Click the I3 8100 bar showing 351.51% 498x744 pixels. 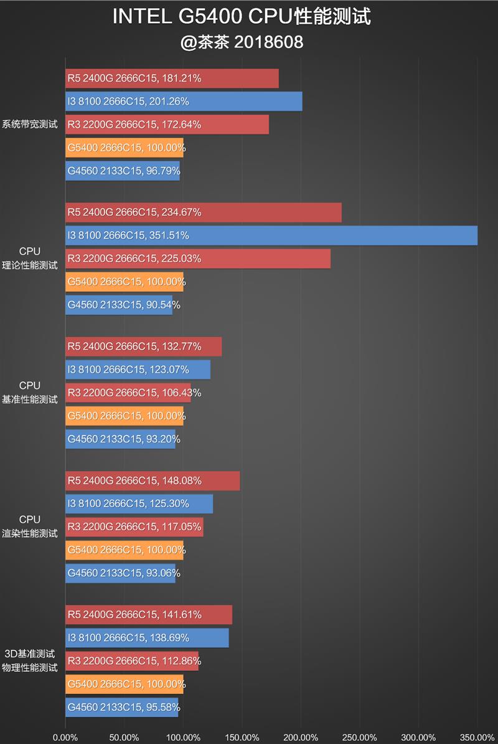click(x=271, y=236)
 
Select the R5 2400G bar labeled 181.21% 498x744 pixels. click(x=172, y=79)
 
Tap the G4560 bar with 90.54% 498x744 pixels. click(x=119, y=305)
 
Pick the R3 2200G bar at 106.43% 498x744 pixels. click(x=128, y=393)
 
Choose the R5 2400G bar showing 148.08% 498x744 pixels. click(x=153, y=480)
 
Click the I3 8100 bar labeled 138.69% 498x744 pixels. click(x=147, y=638)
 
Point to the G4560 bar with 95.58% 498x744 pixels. click(x=121, y=707)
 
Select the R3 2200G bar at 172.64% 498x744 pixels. click(x=167, y=125)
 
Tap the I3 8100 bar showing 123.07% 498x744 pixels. click(x=138, y=370)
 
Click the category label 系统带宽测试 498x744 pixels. click(x=30, y=124)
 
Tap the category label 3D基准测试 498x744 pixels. click(x=30, y=654)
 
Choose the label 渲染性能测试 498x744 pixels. click(x=30, y=533)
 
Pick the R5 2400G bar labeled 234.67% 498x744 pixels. click(x=203, y=212)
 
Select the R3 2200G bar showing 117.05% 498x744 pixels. click(x=134, y=527)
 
